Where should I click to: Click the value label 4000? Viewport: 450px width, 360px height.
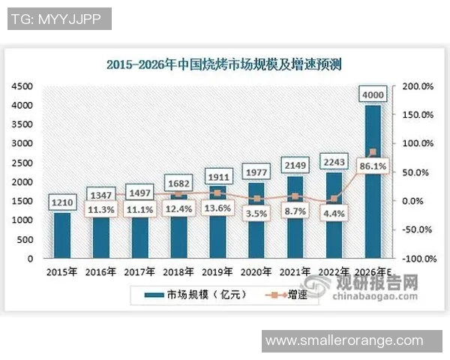[373, 94]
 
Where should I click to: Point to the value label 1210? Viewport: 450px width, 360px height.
[61, 202]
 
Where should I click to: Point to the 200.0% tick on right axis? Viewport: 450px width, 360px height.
[418, 86]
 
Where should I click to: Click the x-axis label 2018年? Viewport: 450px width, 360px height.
[177, 271]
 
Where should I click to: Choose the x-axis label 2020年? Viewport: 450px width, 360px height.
[255, 271]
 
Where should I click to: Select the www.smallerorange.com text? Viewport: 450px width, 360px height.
[355, 340]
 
